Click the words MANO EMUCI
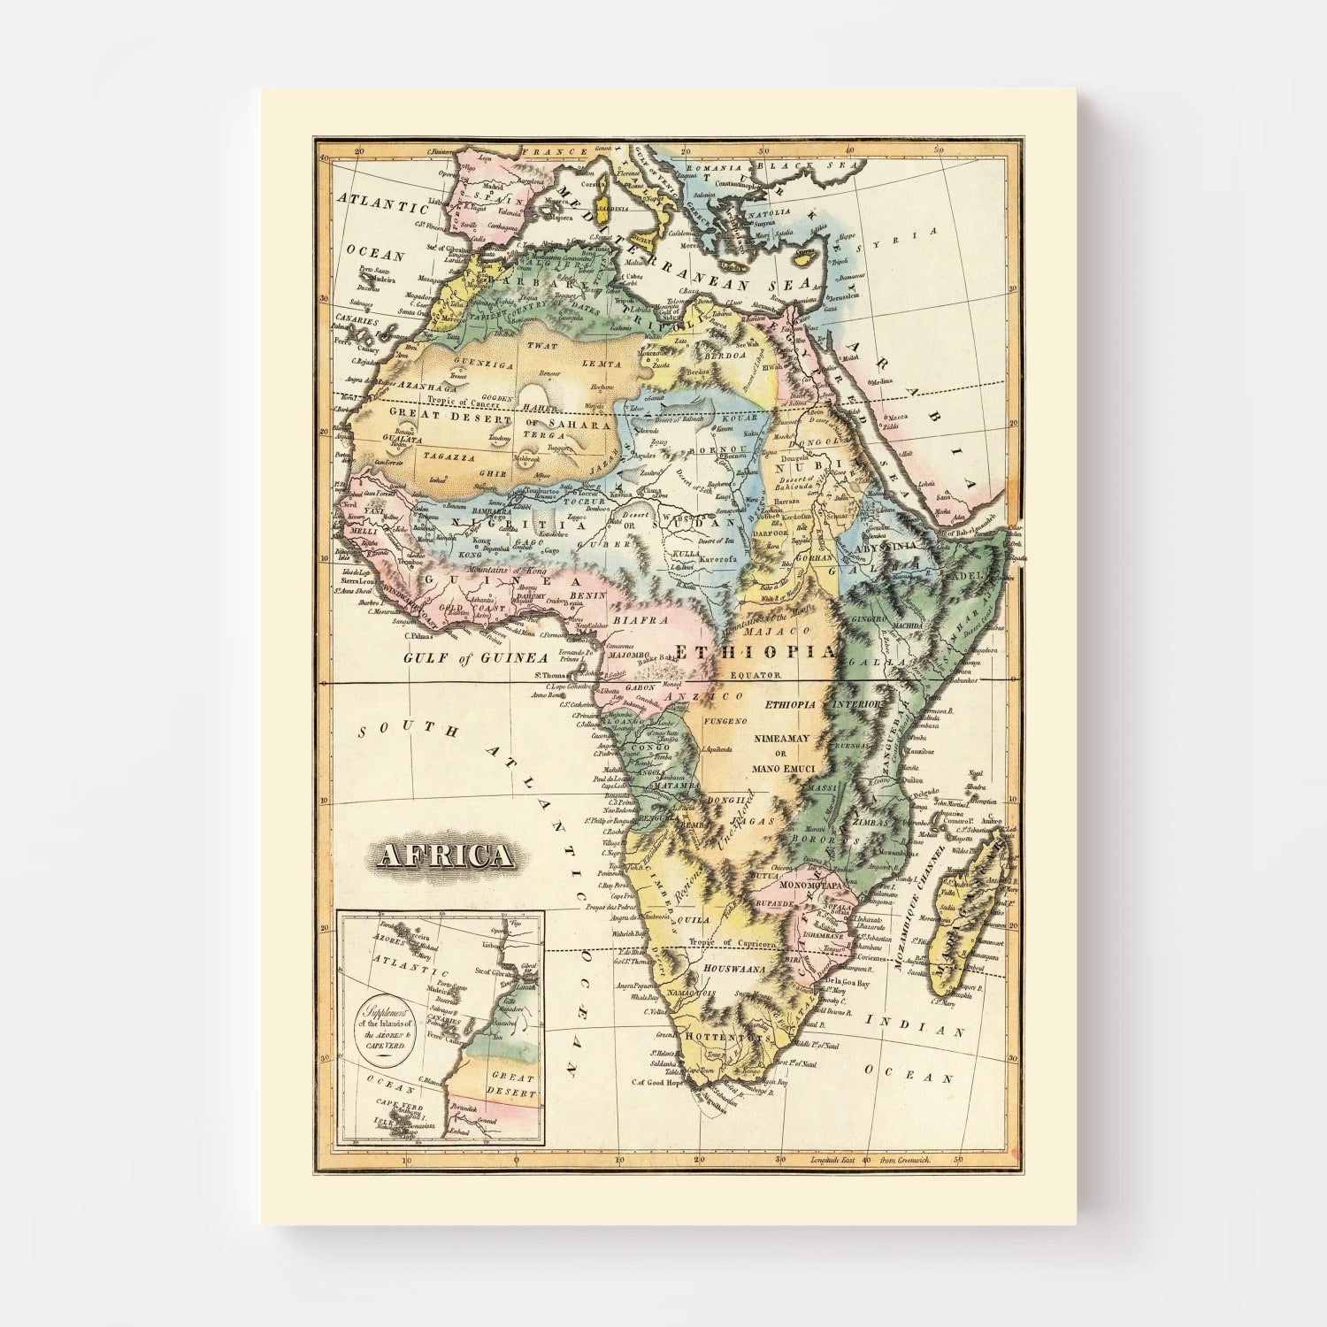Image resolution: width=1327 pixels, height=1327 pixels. (x=786, y=770)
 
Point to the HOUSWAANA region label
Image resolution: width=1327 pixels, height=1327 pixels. (x=727, y=970)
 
